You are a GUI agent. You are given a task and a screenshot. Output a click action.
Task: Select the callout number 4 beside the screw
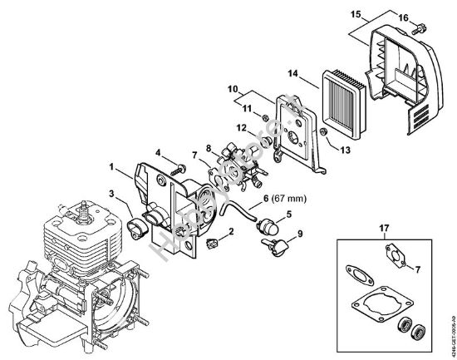pyautogui.click(x=157, y=150)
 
